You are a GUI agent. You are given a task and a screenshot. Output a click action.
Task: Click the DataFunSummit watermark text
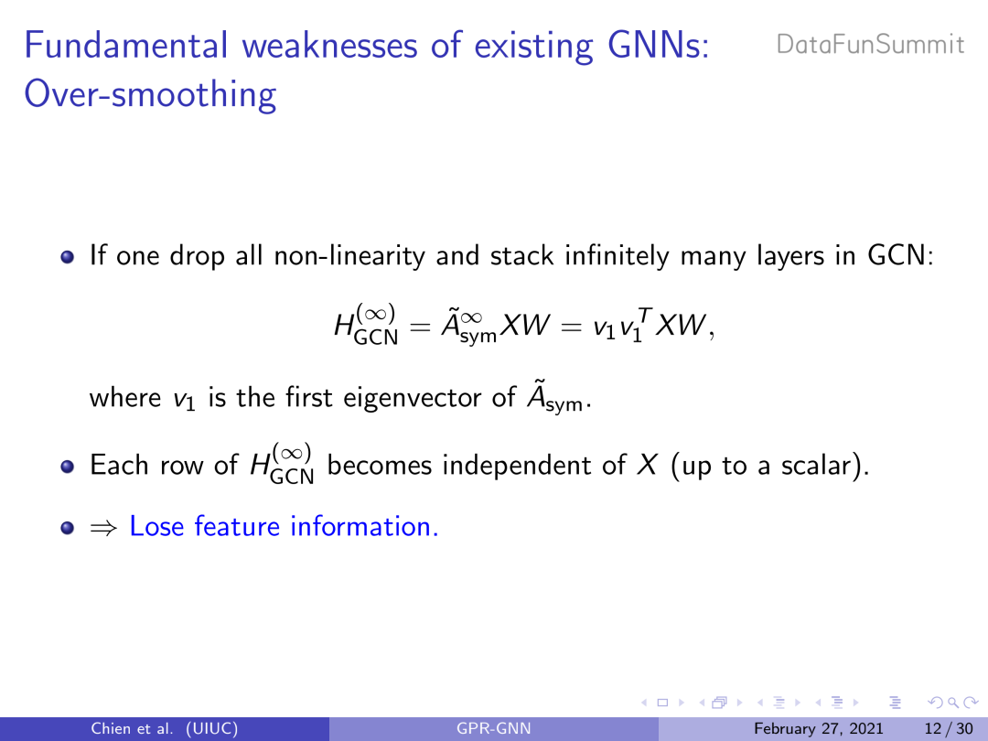tap(870, 45)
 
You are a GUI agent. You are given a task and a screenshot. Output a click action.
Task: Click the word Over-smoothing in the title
tap(150, 94)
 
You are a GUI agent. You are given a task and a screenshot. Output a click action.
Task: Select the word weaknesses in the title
tap(330, 46)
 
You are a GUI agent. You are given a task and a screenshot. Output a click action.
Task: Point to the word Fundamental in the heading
tap(126, 46)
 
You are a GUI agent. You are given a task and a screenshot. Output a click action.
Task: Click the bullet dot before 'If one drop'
tap(68, 257)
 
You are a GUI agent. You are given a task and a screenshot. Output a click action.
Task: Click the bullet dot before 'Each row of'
tap(68, 467)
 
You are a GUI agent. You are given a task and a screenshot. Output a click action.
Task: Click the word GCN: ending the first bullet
tap(900, 256)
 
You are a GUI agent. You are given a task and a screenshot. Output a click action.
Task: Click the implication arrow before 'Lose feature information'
tap(103, 528)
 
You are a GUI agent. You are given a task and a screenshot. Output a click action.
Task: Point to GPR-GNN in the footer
tap(493, 729)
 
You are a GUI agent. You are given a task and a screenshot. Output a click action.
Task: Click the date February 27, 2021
tap(819, 729)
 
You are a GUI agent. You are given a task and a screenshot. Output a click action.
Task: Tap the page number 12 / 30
tap(949, 729)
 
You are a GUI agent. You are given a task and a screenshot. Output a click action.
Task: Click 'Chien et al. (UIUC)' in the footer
tap(165, 729)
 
